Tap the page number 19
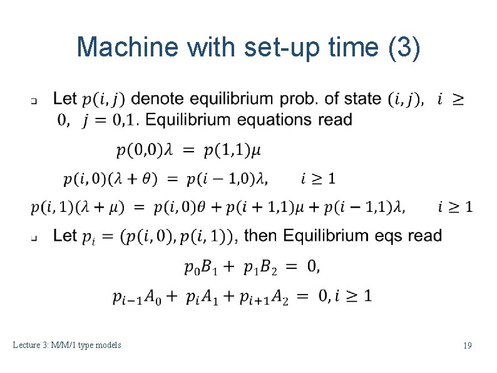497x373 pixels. (467, 345)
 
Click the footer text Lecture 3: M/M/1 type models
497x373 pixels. (67, 345)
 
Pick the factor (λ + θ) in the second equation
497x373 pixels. (134, 179)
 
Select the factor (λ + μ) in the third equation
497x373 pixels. (99, 206)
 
